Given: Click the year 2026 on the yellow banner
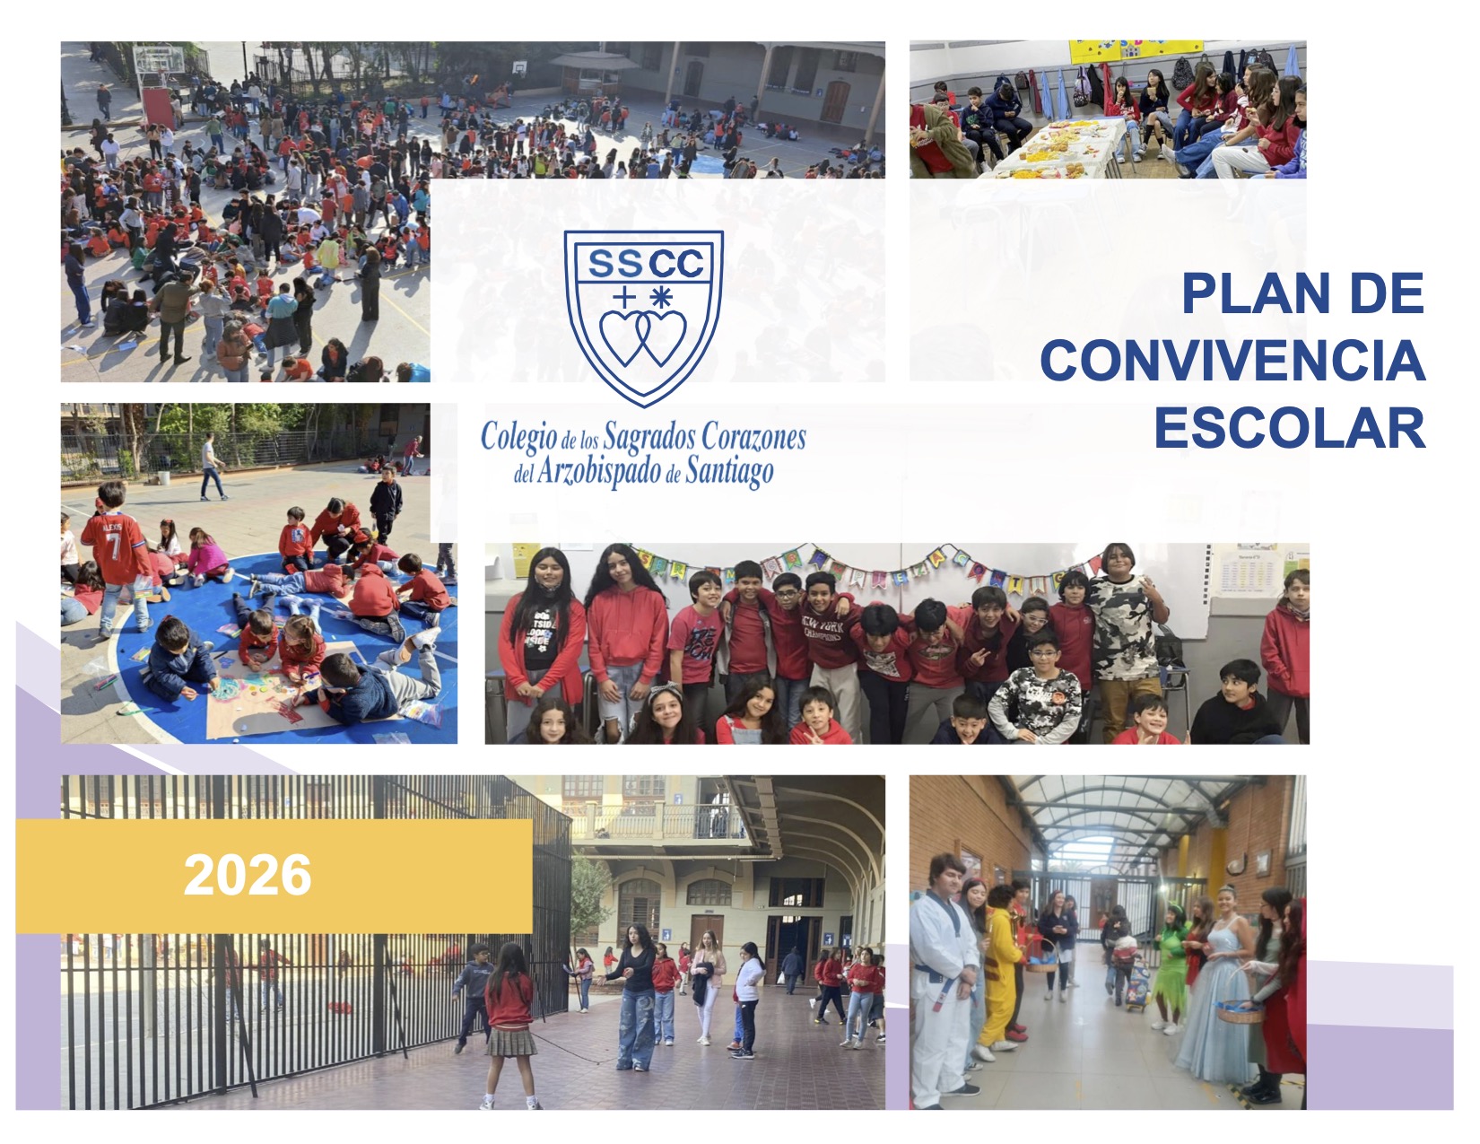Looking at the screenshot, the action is click(x=248, y=876).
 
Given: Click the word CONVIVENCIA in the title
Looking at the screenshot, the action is click(x=1232, y=361).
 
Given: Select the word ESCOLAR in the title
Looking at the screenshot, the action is click(x=1290, y=428).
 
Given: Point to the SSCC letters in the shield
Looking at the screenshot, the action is click(x=645, y=263).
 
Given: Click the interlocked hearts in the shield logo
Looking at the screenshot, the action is click(x=643, y=338).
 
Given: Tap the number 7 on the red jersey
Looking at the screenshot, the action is click(x=115, y=547).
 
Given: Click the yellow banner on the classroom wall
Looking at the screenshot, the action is click(x=1136, y=51).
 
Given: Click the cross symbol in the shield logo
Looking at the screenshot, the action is click(x=624, y=297).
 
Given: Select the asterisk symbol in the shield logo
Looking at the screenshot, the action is click(x=661, y=297).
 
